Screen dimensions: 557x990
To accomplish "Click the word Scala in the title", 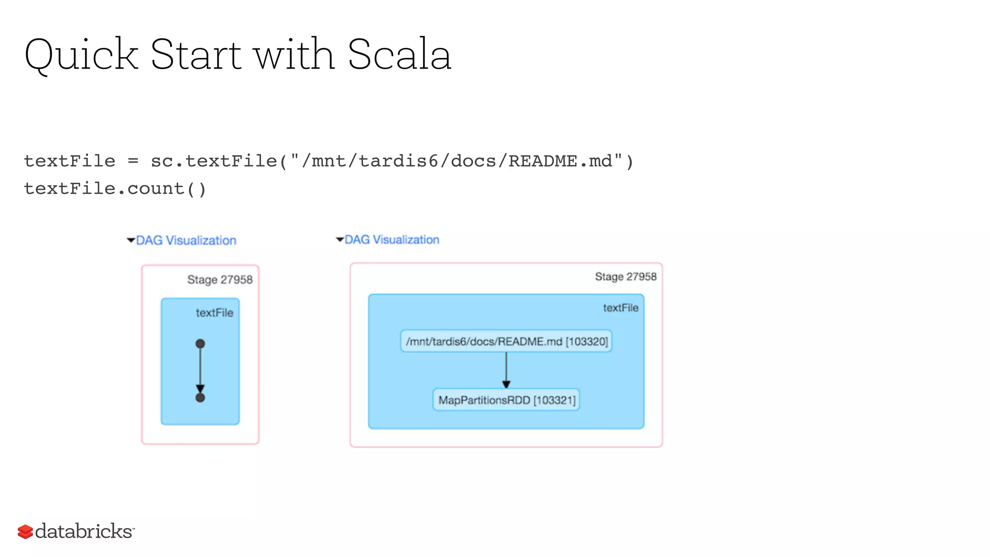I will coord(399,55).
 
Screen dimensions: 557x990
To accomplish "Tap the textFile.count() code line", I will coord(115,189).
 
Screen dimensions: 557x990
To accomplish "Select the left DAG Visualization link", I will coord(186,240).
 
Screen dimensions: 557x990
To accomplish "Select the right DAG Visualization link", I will coord(392,240).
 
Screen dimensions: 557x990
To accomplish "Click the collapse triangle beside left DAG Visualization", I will coord(131,240).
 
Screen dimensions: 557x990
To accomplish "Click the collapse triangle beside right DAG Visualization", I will coord(340,239).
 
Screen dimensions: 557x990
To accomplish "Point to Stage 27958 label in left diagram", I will coord(220,279).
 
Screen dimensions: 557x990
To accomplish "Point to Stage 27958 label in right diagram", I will coord(626,277).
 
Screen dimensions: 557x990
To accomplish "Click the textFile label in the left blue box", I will coord(214,313).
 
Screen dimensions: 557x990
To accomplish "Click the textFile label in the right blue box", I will coord(620,308).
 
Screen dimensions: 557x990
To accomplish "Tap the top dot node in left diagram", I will coord(200,344).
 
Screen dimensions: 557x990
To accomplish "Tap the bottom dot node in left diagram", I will coord(200,398).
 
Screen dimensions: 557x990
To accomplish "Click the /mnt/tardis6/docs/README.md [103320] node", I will coord(506,341).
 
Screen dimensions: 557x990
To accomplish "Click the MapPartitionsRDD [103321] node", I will coord(506,400).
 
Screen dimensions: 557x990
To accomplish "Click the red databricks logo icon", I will coord(25,531).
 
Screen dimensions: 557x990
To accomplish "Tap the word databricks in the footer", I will coord(84,531).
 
